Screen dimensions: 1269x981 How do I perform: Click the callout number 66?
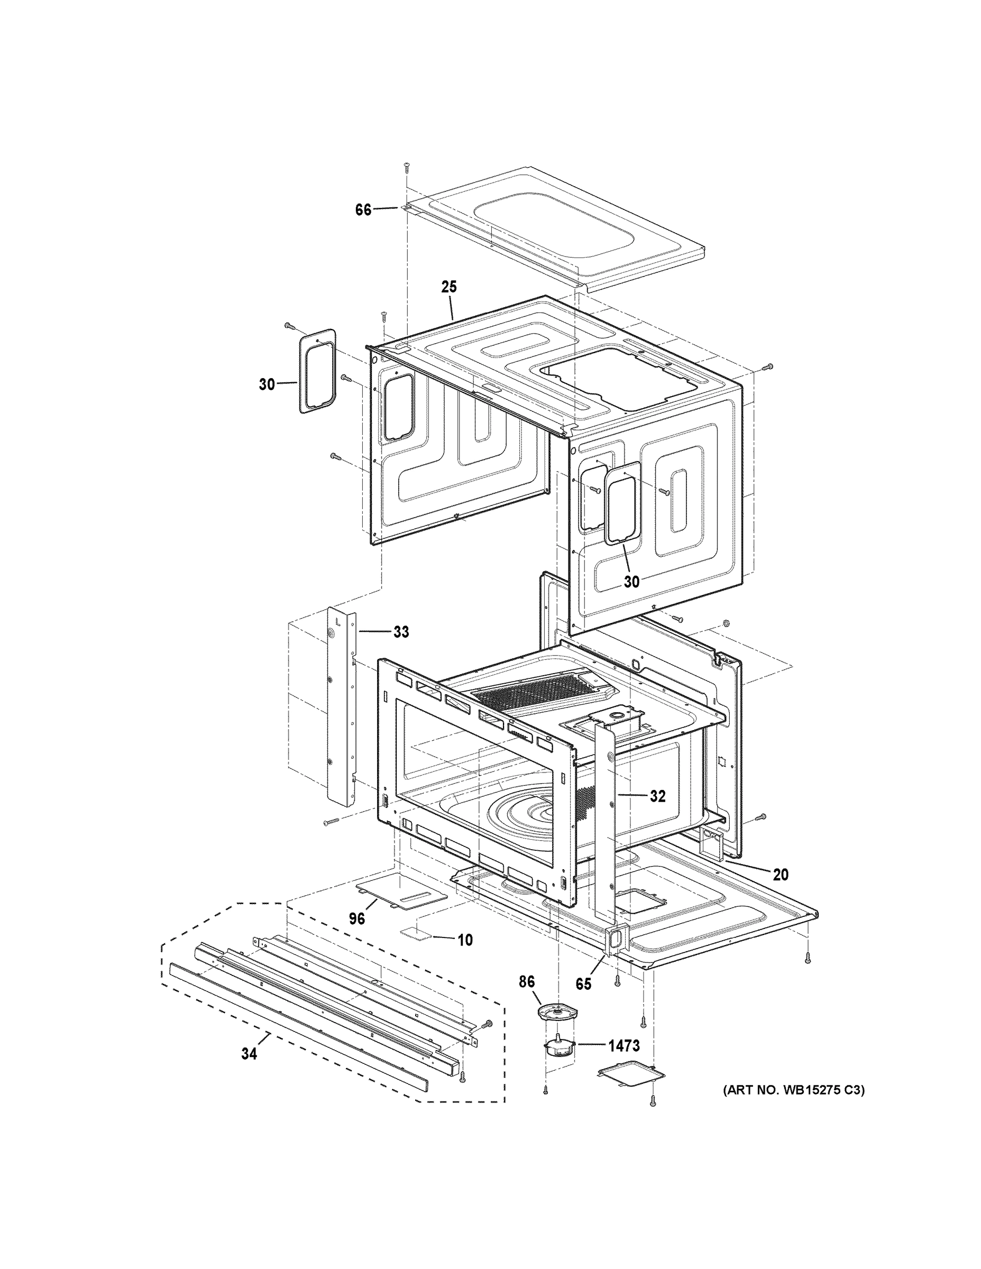point(363,210)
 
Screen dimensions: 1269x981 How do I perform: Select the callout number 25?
point(448,287)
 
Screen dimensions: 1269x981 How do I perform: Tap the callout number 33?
point(401,632)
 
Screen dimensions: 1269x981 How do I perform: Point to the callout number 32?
point(657,796)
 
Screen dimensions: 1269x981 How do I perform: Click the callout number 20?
point(781,891)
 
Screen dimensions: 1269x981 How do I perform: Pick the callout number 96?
point(357,918)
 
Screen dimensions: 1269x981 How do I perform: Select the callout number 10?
point(465,940)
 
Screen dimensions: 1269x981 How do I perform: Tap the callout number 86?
point(527,982)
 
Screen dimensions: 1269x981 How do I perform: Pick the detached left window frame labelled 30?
point(318,371)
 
